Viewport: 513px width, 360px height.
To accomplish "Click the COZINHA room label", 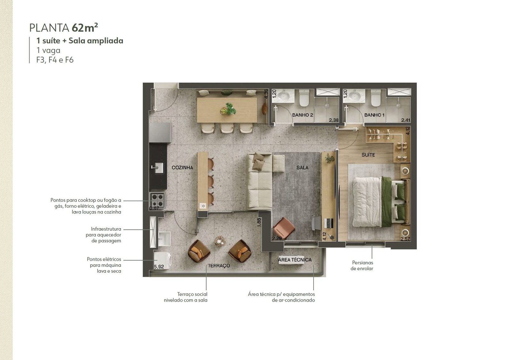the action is (182, 168).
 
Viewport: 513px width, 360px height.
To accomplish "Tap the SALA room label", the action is (302, 168).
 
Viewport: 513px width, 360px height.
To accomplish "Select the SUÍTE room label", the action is (368, 155).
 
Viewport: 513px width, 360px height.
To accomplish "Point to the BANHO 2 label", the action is (303, 115).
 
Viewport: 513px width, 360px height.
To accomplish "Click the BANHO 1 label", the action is (374, 115).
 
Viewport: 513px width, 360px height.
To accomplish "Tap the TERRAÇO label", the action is (219, 266).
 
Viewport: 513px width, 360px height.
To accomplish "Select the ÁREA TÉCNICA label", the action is (295, 260).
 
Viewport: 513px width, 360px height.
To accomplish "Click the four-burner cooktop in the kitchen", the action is (158, 200).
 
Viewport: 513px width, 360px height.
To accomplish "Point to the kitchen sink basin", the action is (158, 168).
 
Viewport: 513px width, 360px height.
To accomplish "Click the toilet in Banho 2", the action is (304, 98).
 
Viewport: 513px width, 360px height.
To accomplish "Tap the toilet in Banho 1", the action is (376, 98).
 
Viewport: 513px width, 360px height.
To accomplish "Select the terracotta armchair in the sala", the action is (284, 228).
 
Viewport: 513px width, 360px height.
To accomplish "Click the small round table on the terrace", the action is (220, 241).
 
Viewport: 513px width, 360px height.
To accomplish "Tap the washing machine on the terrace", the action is (163, 261).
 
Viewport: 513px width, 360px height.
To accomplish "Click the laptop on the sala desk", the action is (329, 223).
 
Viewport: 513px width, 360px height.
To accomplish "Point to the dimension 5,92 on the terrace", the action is (159, 267).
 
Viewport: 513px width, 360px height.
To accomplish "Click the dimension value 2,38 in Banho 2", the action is (334, 120).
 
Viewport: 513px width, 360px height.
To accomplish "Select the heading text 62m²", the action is (85, 28).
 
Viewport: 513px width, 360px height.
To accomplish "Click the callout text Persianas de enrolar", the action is (362, 266).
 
